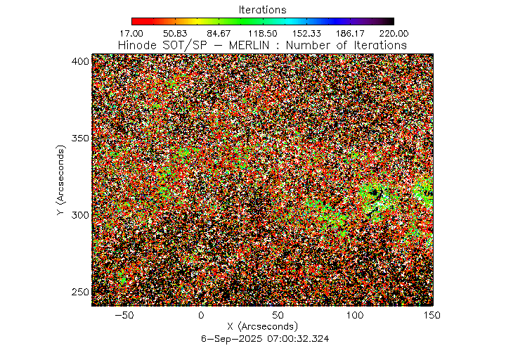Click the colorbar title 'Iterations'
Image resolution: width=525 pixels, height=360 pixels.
(x=262, y=10)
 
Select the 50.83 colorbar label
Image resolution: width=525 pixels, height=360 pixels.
(x=175, y=33)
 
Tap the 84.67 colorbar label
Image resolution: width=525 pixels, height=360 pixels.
(x=219, y=33)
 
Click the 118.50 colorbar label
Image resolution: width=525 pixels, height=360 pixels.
(x=262, y=33)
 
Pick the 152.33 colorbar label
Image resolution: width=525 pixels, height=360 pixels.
(x=306, y=33)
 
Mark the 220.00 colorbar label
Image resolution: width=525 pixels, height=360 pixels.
(x=393, y=33)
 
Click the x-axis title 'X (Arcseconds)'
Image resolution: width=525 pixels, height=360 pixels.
(x=262, y=327)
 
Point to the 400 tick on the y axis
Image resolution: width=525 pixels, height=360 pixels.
(x=81, y=61)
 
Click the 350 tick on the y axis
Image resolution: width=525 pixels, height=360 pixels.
(x=81, y=138)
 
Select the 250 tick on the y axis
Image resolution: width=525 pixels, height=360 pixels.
(x=81, y=292)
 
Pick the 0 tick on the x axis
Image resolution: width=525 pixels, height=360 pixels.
(x=201, y=316)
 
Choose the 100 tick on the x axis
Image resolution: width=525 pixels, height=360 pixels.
(x=355, y=316)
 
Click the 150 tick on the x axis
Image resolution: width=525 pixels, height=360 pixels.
(x=432, y=316)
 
